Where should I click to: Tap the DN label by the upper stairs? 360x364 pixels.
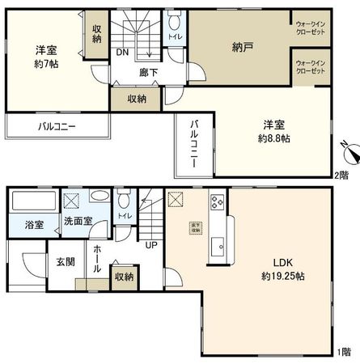pyautogui.click(x=121, y=53)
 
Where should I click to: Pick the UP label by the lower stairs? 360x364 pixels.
pyautogui.click(x=151, y=245)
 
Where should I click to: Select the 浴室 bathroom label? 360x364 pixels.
pyautogui.click(x=33, y=224)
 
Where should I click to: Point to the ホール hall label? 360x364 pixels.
pyautogui.click(x=97, y=259)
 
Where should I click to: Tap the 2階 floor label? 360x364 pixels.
pyautogui.click(x=343, y=176)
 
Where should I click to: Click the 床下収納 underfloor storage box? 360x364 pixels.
pyautogui.click(x=196, y=227)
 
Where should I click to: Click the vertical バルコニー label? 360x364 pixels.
pyautogui.click(x=195, y=145)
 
